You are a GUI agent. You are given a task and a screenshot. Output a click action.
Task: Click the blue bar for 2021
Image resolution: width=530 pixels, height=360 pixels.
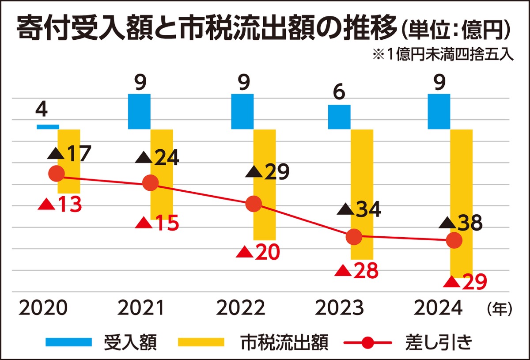click(139, 111)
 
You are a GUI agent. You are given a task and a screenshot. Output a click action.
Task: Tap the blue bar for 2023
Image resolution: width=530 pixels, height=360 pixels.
click(339, 117)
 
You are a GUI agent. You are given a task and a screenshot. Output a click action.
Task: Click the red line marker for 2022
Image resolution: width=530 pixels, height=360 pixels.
click(254, 204)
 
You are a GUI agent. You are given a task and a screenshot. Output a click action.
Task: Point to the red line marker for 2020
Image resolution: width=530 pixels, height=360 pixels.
click(56, 174)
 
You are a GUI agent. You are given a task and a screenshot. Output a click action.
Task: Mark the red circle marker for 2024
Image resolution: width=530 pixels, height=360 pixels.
click(454, 241)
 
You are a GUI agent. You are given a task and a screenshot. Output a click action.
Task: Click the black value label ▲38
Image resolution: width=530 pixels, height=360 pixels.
click(461, 223)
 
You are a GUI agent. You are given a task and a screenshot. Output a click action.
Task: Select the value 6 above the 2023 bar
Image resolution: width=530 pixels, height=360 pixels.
click(340, 92)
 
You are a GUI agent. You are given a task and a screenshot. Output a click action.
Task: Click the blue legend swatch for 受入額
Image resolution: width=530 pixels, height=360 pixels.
click(68, 342)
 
